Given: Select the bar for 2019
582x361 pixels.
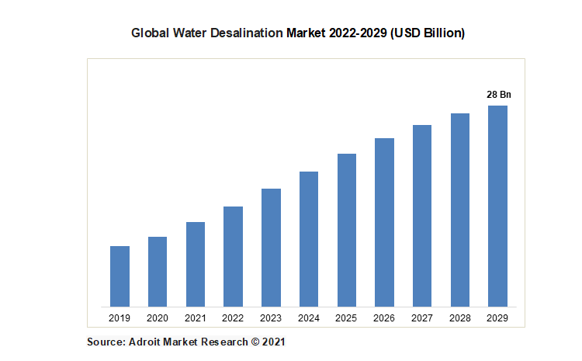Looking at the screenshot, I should click(120, 276).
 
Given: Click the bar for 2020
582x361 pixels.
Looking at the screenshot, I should click(158, 271).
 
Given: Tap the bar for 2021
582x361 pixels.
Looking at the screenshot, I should click(195, 264).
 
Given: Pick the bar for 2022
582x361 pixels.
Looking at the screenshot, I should click(233, 256).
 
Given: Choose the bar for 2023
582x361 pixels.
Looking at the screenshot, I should click(271, 247).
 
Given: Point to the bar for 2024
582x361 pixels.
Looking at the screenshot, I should click(309, 238).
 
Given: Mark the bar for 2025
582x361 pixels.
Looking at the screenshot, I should click(346, 230).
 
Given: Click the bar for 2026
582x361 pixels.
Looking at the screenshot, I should click(384, 222).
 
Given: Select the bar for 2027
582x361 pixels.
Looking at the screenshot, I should click(422, 215).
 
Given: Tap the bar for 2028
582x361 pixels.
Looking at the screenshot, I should click(460, 210).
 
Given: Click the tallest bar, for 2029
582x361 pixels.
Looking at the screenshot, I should click(497, 206).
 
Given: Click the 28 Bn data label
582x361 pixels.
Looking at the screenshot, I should click(499, 95).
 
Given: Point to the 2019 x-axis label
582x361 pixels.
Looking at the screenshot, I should click(120, 318).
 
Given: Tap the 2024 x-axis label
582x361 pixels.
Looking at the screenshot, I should click(309, 318).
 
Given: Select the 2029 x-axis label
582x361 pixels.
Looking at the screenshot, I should click(498, 318).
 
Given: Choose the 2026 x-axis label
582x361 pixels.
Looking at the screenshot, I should click(384, 318).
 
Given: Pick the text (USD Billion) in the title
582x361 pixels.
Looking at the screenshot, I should click(424, 33).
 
